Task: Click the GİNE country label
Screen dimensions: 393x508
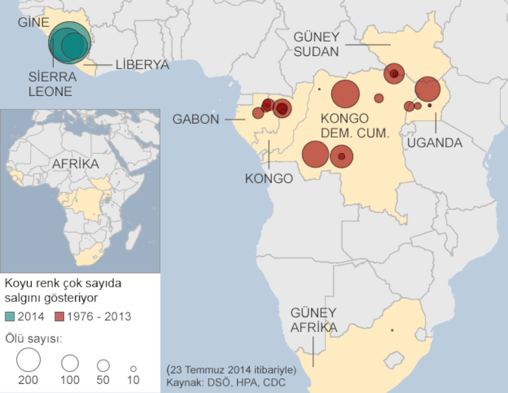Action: click(x=34, y=23)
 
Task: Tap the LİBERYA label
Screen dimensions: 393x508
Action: click(x=142, y=65)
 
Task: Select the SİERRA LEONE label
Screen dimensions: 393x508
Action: click(x=51, y=83)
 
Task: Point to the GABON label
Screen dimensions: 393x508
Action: click(x=195, y=120)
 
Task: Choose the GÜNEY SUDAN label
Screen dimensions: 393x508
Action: click(x=316, y=45)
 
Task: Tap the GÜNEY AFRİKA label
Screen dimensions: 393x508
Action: click(x=314, y=320)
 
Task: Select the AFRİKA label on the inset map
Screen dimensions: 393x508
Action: click(x=76, y=164)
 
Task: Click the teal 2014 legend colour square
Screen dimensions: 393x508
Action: click(x=10, y=316)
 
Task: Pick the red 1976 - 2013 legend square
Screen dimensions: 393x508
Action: click(x=60, y=316)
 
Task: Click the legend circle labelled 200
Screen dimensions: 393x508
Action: click(x=28, y=359)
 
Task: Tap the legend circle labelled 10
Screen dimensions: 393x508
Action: click(x=133, y=367)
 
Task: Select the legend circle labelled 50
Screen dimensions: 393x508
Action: click(x=103, y=365)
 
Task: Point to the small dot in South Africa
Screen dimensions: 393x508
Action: click(x=392, y=330)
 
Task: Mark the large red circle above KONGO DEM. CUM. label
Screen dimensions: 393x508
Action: click(x=345, y=94)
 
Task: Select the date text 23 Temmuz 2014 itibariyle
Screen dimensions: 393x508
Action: click(x=231, y=370)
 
